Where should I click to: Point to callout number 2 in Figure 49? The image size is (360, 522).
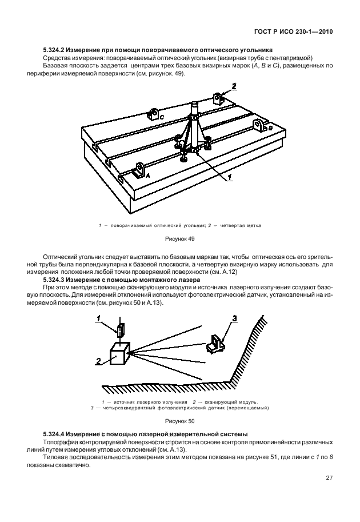coord(233,87)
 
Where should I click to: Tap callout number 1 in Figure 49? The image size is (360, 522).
coord(229,178)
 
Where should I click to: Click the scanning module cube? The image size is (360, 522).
coord(119,355)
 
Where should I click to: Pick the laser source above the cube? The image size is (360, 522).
coord(120,331)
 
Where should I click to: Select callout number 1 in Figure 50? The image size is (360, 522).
coord(98,318)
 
